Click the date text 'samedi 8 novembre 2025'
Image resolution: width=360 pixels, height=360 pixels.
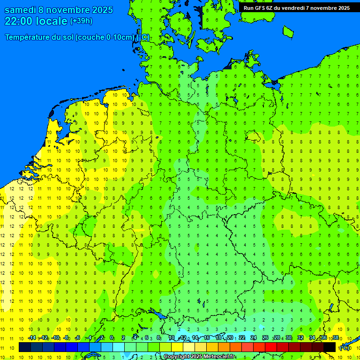tap(59, 10)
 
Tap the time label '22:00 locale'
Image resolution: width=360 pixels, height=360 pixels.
tap(36, 21)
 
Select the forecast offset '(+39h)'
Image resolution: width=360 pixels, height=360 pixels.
tap(81, 21)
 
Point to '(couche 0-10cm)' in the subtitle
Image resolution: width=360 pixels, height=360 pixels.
tap(105, 37)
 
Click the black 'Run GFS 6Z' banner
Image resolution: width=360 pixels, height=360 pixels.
tap(296, 8)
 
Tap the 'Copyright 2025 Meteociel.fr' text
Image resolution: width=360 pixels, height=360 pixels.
tap(199, 357)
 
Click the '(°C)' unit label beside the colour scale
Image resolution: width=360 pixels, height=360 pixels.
tap(345, 348)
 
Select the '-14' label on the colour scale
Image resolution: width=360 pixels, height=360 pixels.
tap(32, 338)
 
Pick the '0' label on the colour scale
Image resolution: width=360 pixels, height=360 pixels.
tap(112, 338)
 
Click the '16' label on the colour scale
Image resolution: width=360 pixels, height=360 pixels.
tap(207, 338)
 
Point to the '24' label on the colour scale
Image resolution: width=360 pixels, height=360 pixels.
tap(254, 338)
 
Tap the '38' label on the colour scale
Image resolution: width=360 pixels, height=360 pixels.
tap(336, 338)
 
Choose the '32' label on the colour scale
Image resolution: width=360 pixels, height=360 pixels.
tap(300, 338)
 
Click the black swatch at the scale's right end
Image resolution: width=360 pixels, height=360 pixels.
tap(330, 347)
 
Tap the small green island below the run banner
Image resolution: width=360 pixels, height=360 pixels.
tap(288, 31)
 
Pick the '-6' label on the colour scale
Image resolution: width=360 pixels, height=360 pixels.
tap(78, 338)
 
